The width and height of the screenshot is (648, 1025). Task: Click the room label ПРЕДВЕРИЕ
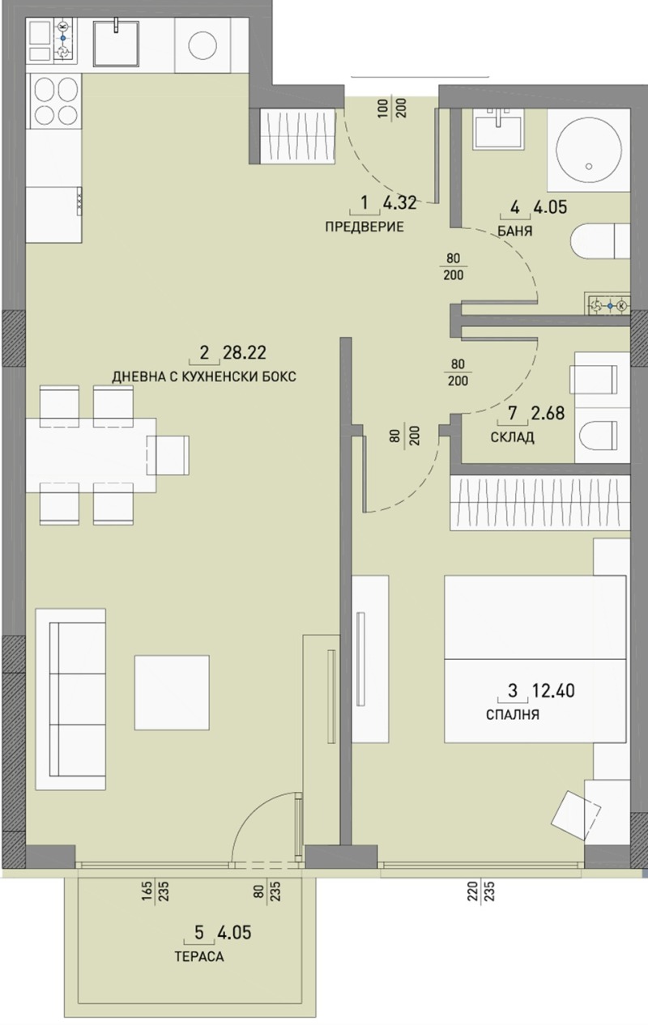tap(364, 227)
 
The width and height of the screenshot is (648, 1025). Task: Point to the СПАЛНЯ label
tap(513, 715)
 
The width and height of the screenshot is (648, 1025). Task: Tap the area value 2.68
tap(547, 415)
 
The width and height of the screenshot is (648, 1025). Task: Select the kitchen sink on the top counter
tap(119, 42)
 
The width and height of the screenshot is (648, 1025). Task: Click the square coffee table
tap(172, 691)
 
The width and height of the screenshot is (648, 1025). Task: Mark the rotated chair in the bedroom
tap(582, 813)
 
